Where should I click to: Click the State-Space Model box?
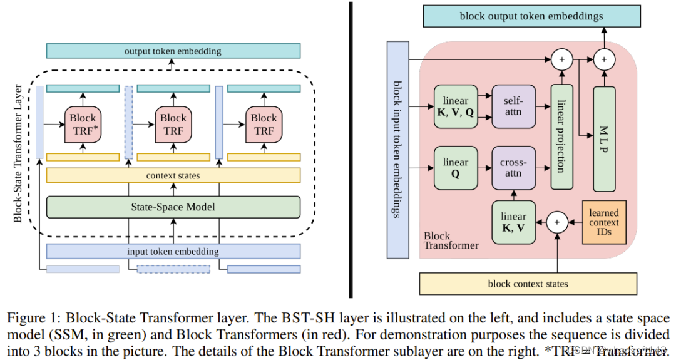pyautogui.click(x=173, y=207)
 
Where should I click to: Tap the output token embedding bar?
pyautogui.click(x=173, y=51)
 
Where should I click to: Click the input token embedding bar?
pyautogui.click(x=173, y=251)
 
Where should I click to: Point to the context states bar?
pyautogui.click(x=173, y=175)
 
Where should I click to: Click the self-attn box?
pyautogui.click(x=513, y=106)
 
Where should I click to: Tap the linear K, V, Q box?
pyautogui.click(x=455, y=106)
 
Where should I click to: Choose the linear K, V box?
pyautogui.click(x=513, y=222)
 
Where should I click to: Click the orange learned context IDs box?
pyautogui.click(x=604, y=222)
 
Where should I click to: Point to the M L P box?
pyautogui.click(x=604, y=138)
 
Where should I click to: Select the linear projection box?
pyautogui.click(x=561, y=138)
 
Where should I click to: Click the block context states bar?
pyautogui.click(x=528, y=284)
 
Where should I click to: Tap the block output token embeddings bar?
pyautogui.click(x=531, y=16)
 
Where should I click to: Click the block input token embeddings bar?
pyautogui.click(x=397, y=150)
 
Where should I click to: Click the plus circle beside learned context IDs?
pyautogui.click(x=556, y=222)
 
